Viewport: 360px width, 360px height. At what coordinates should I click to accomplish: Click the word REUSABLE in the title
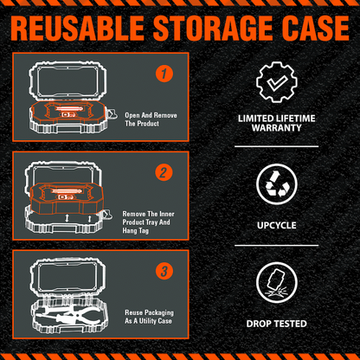78,28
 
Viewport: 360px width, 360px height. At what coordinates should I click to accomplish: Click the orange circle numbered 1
164,74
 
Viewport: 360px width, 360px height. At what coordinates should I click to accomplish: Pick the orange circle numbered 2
164,172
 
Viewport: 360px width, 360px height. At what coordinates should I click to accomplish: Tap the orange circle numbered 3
164,271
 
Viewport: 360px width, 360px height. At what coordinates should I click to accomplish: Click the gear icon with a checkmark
277,82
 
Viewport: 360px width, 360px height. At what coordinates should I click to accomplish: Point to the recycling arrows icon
277,184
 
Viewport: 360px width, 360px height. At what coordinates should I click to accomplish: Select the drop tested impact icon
277,282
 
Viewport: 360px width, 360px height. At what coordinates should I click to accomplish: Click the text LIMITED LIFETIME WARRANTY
277,123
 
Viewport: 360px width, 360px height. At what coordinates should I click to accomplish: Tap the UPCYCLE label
277,225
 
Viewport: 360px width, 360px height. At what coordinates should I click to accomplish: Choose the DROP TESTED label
277,324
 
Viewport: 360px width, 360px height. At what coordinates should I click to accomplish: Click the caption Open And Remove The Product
151,119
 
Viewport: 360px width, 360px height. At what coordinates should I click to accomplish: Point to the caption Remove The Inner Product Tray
148,222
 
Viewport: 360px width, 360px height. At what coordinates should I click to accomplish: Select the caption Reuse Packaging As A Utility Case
149,317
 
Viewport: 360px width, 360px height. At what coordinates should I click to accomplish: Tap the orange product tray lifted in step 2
67,198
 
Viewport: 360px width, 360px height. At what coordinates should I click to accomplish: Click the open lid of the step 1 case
68,80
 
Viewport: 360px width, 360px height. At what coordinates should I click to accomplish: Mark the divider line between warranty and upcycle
276,146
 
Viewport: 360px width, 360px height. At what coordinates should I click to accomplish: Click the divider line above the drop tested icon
276,246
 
